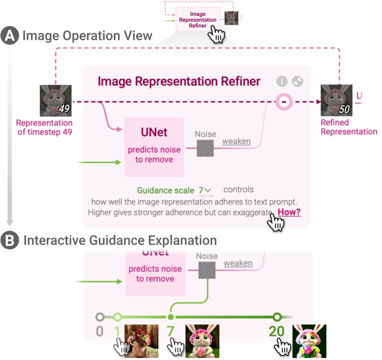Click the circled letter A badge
(10, 36)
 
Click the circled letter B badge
(10, 240)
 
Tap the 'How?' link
(289, 212)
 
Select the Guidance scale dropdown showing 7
(205, 190)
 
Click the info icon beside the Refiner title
(282, 81)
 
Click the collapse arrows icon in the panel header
(298, 81)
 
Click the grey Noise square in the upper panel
(205, 148)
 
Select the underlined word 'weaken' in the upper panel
(236, 141)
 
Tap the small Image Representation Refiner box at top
(197, 20)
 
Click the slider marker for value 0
(100, 317)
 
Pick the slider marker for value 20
(277, 317)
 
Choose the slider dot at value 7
(171, 317)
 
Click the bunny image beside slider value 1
(141, 341)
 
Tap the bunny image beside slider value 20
(309, 341)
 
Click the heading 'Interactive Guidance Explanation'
(120, 240)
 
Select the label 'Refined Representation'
(348, 127)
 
